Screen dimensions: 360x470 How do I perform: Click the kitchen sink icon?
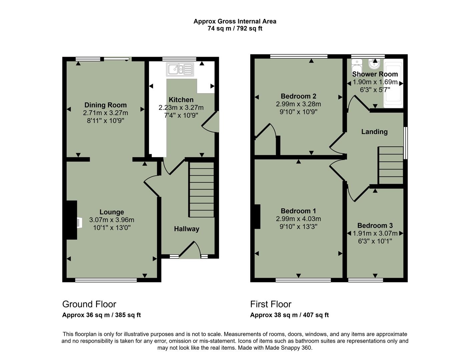[x=180, y=69]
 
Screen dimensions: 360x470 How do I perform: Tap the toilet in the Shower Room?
[x=357, y=66]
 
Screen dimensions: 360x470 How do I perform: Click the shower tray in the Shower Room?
[x=393, y=84]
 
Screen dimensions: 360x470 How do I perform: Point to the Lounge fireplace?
[x=72, y=220]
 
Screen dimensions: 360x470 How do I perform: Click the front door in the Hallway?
[x=190, y=251]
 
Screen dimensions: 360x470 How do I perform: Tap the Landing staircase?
[x=391, y=165]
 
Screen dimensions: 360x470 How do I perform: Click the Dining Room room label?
[x=105, y=105]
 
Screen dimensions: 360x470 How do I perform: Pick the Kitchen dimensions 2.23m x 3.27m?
[x=181, y=108]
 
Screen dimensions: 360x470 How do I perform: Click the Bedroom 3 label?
[x=375, y=225]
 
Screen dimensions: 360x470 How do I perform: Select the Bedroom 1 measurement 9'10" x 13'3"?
[x=298, y=227]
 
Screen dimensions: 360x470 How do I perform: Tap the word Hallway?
[x=186, y=229]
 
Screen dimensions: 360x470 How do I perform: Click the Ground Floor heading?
[x=89, y=304]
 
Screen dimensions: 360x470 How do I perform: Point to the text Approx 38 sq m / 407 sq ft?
[x=289, y=315]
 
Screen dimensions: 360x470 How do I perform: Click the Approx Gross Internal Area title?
[x=235, y=21]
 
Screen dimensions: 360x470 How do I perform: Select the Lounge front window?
[x=106, y=280]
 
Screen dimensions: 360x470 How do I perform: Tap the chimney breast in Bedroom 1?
[x=257, y=217]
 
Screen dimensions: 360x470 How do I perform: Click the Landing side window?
[x=406, y=143]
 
